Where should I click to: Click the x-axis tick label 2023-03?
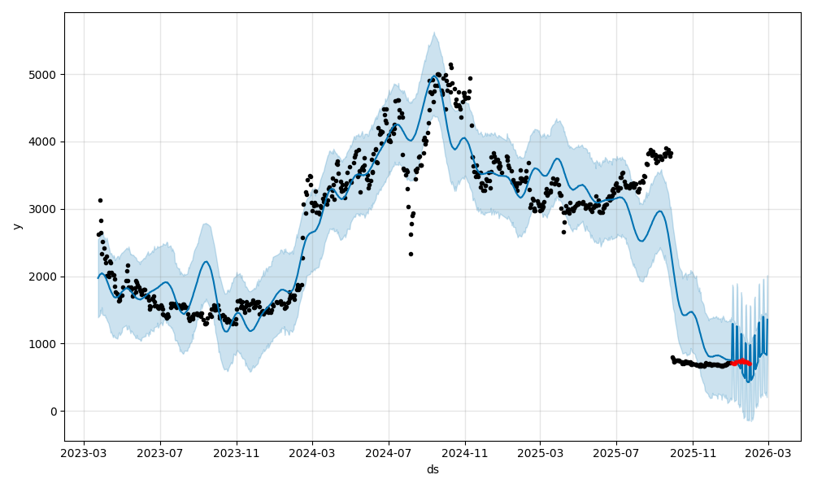coord(85,453)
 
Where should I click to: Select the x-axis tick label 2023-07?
coord(160,453)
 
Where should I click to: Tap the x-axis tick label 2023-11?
coord(237,453)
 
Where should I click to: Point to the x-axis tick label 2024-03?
coord(312,453)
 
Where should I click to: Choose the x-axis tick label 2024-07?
coord(388,453)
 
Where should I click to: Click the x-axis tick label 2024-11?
coord(464,453)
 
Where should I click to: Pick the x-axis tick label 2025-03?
coord(540,453)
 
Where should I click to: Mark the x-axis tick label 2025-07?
coord(615,453)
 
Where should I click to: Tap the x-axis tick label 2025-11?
coord(692,453)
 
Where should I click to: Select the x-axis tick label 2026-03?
coord(767,453)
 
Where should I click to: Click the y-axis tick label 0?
coord(54,412)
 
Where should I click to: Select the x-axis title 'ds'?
coord(433,469)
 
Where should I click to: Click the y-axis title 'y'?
coord(16,226)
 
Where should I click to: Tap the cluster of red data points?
coord(741,361)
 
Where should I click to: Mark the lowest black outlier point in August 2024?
coord(411,254)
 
